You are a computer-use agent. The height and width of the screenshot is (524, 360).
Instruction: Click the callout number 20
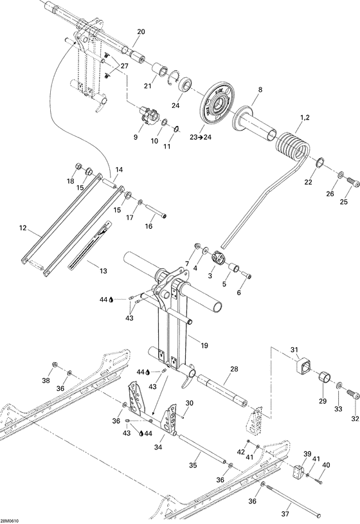pyautogui.click(x=141, y=32)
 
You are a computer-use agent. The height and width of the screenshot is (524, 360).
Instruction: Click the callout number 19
pyautogui.click(x=204, y=345)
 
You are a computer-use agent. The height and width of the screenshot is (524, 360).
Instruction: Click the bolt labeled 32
pyautogui.click(x=352, y=393)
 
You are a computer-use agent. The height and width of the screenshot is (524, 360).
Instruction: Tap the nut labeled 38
pyautogui.click(x=54, y=367)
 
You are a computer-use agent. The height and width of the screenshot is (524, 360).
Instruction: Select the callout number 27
pyautogui.click(x=124, y=66)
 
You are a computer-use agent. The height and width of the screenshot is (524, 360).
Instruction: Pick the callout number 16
pyautogui.click(x=148, y=226)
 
